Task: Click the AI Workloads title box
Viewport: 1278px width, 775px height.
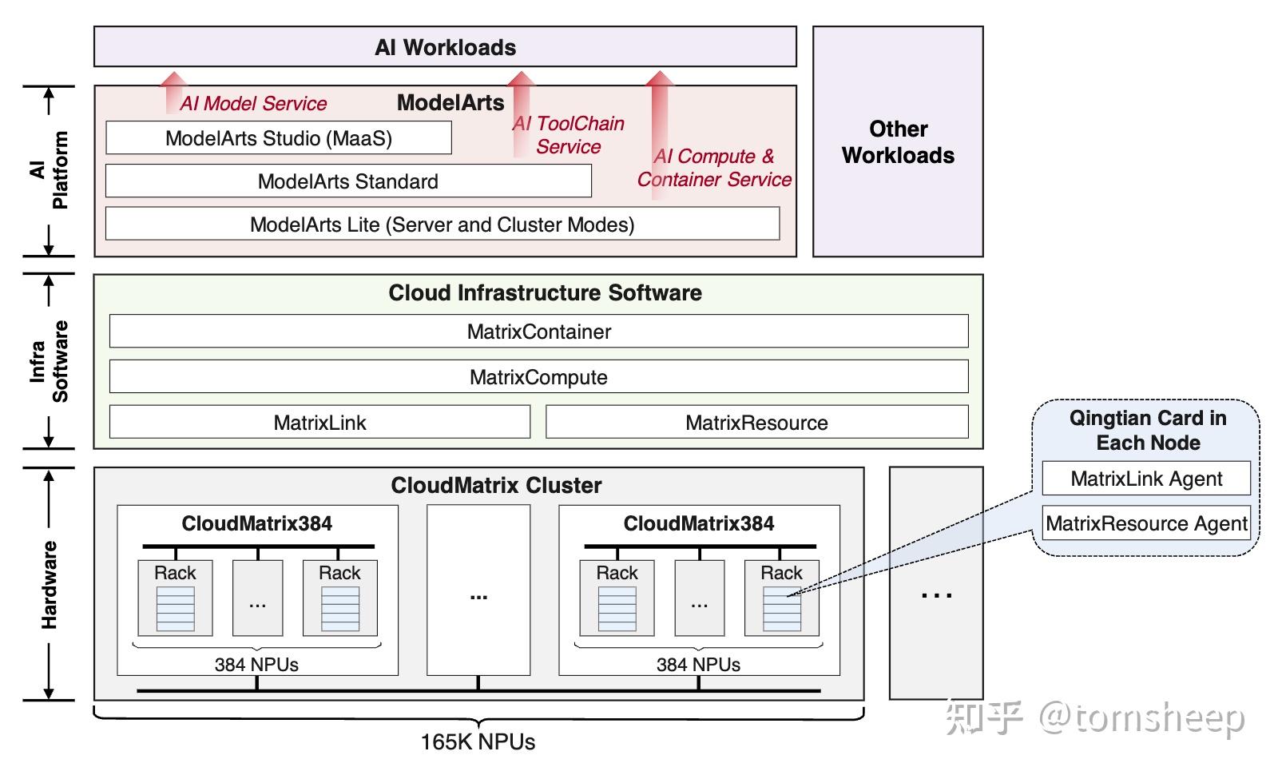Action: [x=445, y=47]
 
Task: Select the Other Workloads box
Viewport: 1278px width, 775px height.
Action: [x=898, y=142]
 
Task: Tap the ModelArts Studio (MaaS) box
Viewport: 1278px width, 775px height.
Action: [x=279, y=138]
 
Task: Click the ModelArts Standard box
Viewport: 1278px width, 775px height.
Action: [x=348, y=181]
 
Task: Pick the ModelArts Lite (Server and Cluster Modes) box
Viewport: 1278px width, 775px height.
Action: [x=442, y=225]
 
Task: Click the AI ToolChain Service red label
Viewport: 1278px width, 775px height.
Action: [x=568, y=135]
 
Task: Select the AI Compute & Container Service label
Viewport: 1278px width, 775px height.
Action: [x=713, y=168]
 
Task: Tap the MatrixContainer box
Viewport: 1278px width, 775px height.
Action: [x=538, y=332]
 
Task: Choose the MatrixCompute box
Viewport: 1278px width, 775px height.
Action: [x=538, y=377]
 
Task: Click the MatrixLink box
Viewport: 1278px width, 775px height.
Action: [x=319, y=423]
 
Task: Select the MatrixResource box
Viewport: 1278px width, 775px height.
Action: [x=756, y=423]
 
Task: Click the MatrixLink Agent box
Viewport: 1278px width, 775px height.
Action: [x=1145, y=479]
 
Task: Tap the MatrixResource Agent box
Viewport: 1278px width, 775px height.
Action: [x=1145, y=523]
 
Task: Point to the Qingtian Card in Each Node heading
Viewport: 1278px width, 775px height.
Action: [x=1148, y=430]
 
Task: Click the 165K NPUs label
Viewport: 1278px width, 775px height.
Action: [x=478, y=742]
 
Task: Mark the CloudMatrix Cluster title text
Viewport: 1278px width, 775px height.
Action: [x=496, y=485]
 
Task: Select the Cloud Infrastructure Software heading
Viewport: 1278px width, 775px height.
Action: [x=545, y=292]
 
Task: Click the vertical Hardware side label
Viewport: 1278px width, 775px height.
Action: [x=50, y=584]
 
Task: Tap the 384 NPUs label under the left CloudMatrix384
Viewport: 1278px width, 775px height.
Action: [x=256, y=664]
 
